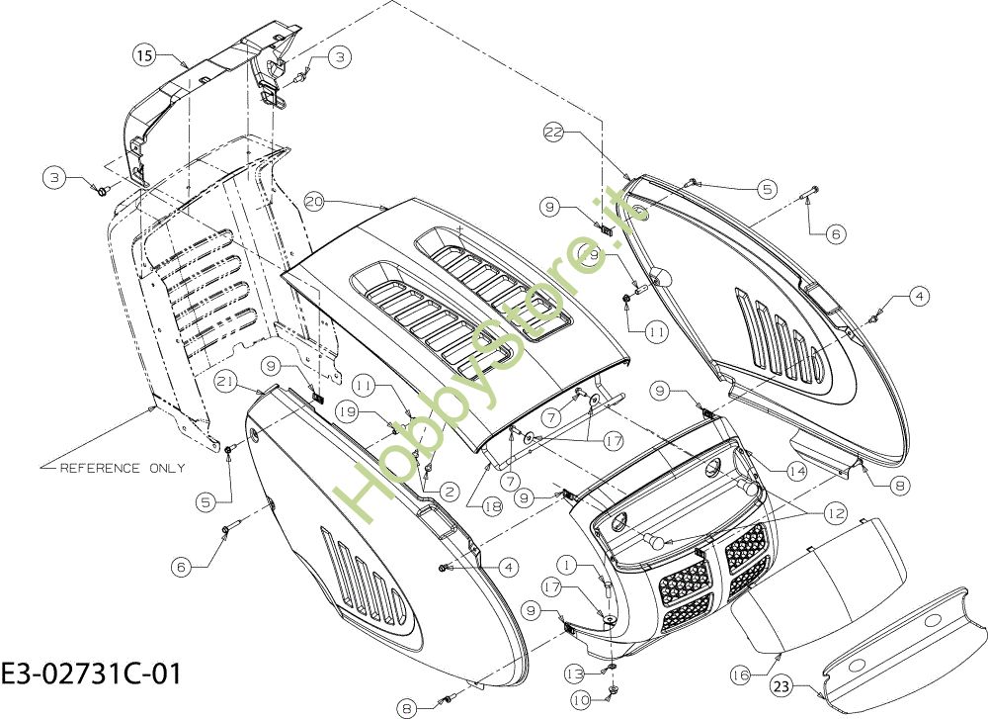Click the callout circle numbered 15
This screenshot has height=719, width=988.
click(x=144, y=54)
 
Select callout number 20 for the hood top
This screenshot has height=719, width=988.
click(x=315, y=202)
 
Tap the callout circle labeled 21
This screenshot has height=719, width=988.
click(x=226, y=381)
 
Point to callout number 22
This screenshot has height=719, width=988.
click(x=554, y=132)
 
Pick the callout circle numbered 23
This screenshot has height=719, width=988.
click(x=782, y=685)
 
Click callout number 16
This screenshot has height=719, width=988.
click(x=740, y=675)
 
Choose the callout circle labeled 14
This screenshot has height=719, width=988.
click(x=796, y=471)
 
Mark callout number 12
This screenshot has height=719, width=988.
click(x=836, y=513)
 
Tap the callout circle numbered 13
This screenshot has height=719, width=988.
click(x=575, y=674)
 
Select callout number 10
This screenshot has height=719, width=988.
click(x=582, y=699)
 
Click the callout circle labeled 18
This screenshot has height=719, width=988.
click(x=493, y=505)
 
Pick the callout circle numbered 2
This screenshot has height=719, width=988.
click(x=450, y=492)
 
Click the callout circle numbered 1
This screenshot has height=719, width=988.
click(x=567, y=565)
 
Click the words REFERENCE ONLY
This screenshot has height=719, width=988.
click(x=123, y=468)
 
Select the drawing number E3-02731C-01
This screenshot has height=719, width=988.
click(x=91, y=673)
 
